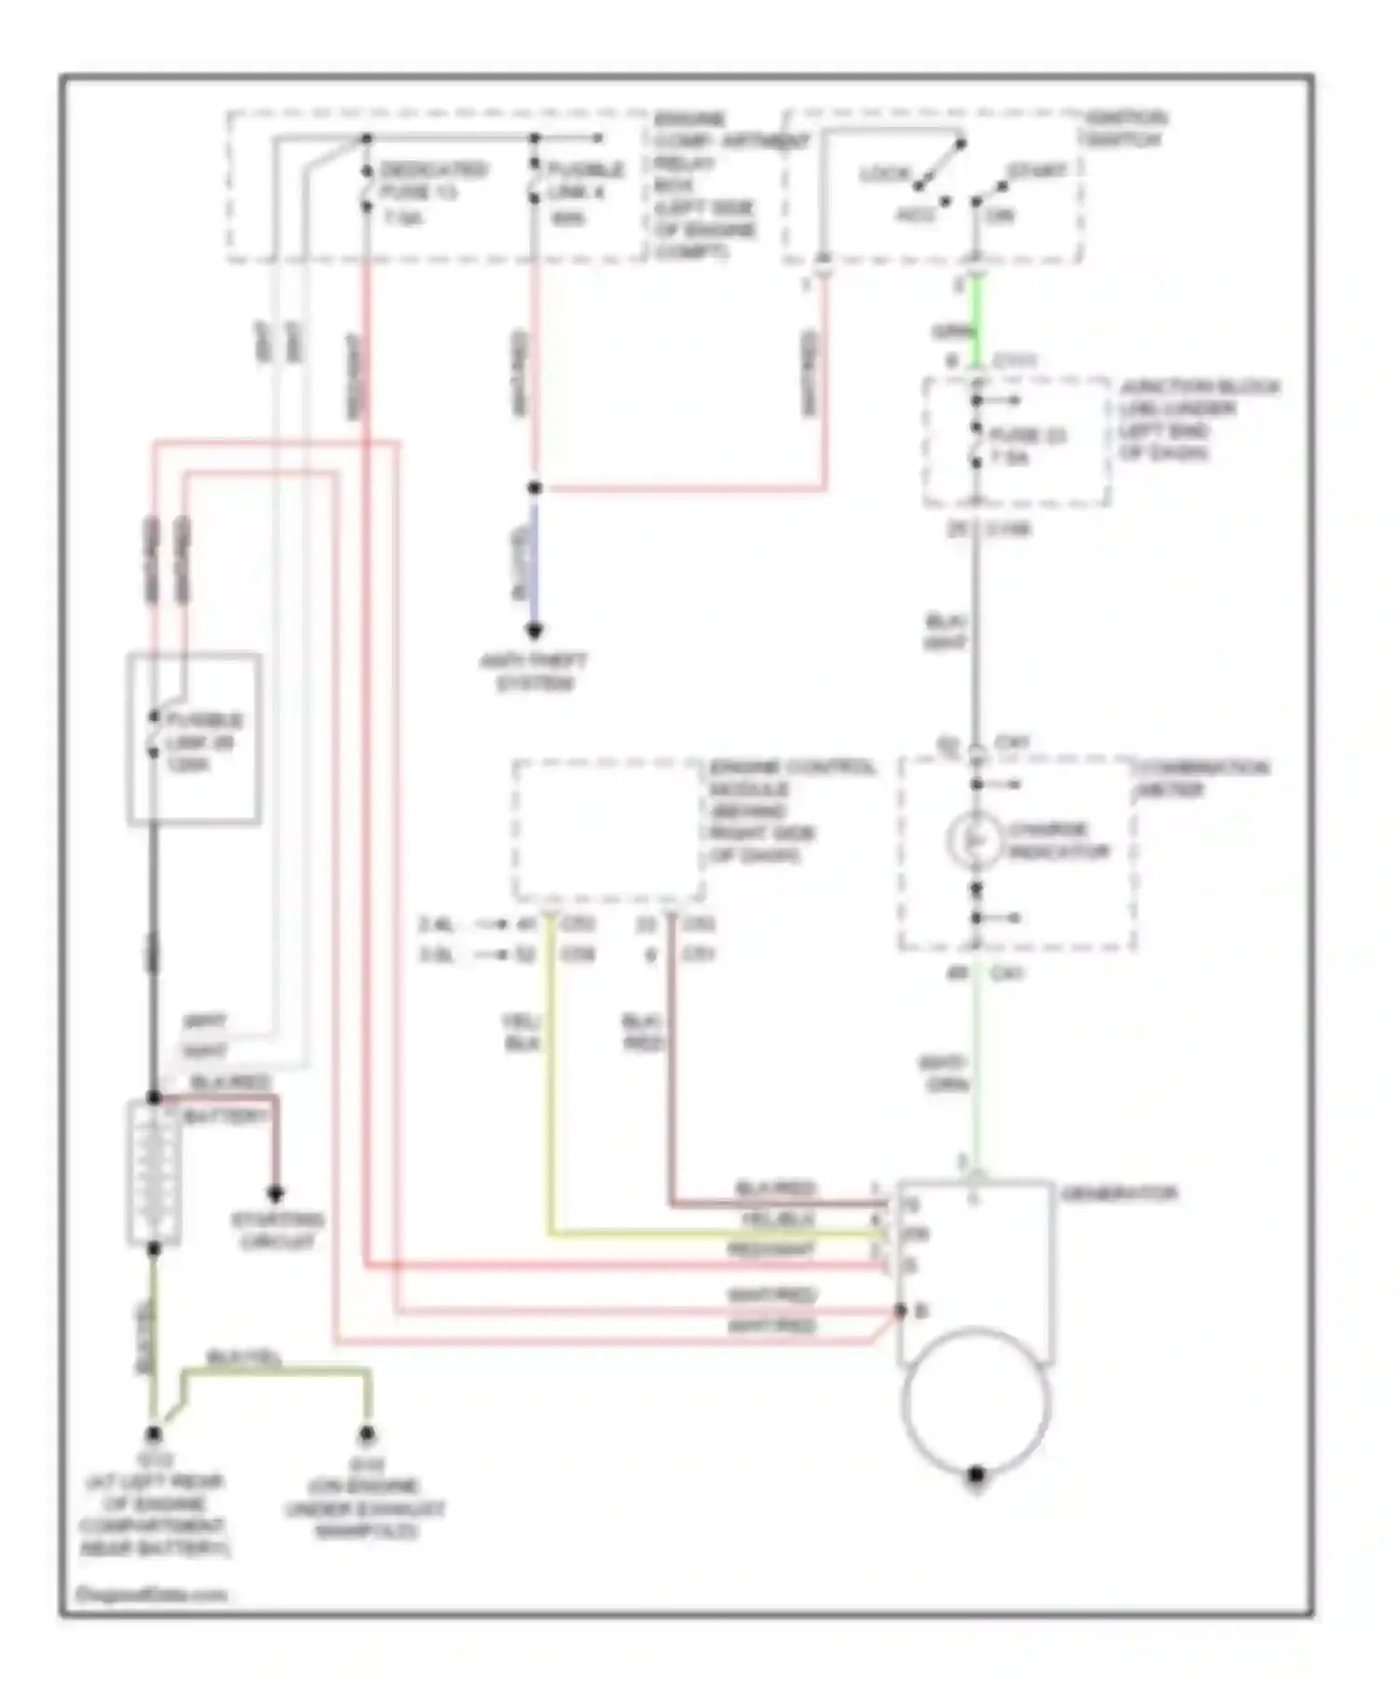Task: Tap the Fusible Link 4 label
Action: coord(584,193)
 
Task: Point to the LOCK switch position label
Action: coord(883,174)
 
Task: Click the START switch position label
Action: coord(1036,172)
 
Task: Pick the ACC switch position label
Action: coord(915,215)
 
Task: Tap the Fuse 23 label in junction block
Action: coord(1026,446)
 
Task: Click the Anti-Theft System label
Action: coord(533,672)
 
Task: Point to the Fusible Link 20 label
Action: coord(202,742)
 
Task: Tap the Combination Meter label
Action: coord(1201,778)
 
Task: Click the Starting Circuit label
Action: coord(276,1230)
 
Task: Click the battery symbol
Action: coord(153,1173)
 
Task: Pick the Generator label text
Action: coord(1118,1193)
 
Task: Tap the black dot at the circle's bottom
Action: coord(976,1475)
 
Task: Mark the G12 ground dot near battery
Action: coord(153,1434)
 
